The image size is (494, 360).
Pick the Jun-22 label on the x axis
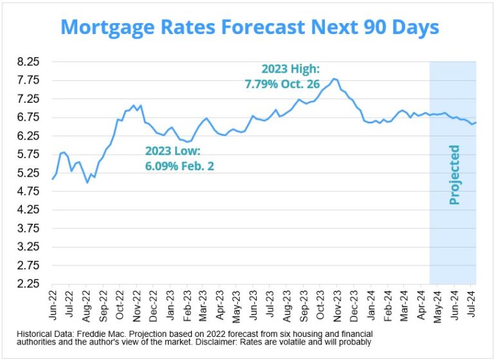(x=52, y=305)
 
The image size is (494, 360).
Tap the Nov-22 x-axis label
(x=136, y=305)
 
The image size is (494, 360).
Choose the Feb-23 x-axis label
(x=186, y=305)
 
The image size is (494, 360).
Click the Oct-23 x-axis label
(x=320, y=305)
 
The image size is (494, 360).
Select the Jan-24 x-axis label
(x=370, y=305)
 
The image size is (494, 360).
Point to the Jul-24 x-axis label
(x=471, y=305)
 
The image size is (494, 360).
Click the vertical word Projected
(x=454, y=175)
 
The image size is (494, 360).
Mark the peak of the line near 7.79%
(x=333, y=78)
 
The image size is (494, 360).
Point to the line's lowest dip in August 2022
(x=87, y=183)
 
